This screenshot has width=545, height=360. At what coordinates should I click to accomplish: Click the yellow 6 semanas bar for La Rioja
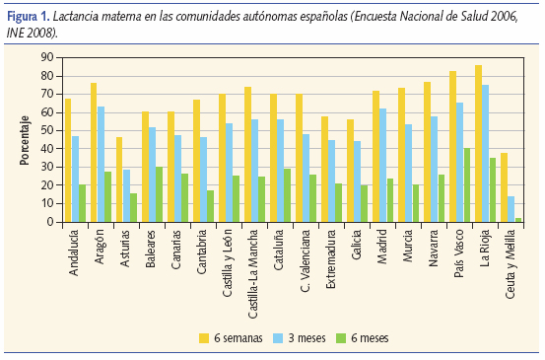(x=478, y=144)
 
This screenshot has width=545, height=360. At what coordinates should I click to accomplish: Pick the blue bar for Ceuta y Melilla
(x=511, y=209)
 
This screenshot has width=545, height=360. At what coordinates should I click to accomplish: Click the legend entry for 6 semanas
(x=238, y=337)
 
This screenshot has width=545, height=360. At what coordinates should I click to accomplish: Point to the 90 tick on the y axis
(x=46, y=57)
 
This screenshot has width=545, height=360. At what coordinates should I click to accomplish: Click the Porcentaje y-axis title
(x=23, y=140)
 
